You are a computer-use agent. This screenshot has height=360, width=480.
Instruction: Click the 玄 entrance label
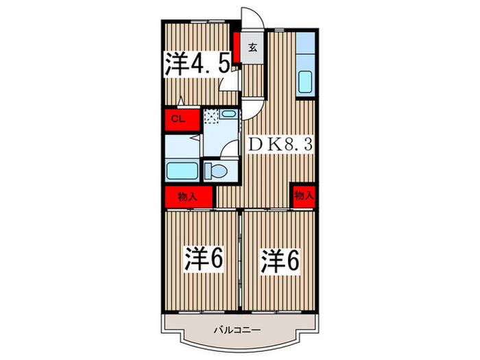252,48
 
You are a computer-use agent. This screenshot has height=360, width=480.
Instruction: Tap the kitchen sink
305,83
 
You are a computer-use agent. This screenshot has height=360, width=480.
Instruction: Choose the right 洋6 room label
280,260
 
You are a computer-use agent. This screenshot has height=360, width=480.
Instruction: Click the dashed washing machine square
212,116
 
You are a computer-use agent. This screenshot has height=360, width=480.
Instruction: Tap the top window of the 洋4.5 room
200,25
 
